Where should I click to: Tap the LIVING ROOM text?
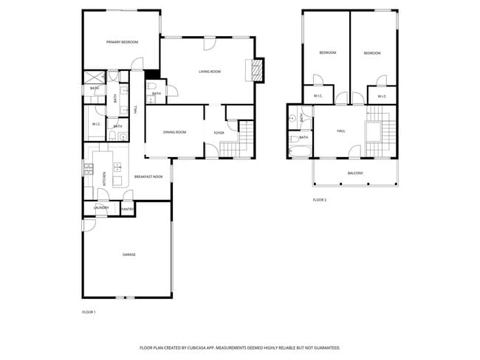pos(210,72)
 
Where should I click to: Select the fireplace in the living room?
pos(258,71)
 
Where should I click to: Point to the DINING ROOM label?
pos(175,132)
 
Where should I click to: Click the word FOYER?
pos(219,133)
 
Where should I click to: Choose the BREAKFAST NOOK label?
pos(148,177)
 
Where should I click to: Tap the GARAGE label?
pos(129,255)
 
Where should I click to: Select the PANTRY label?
pos(127,210)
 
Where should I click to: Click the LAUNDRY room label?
pos(101,208)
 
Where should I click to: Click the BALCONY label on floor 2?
pos(355,173)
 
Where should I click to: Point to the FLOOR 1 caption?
pos(89,313)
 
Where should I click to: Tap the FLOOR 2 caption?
pos(319,200)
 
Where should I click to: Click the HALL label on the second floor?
pos(341,131)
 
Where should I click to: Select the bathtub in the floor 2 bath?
pos(298,152)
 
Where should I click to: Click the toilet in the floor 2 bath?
pos(294,138)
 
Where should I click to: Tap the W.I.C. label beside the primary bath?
pos(97,124)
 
